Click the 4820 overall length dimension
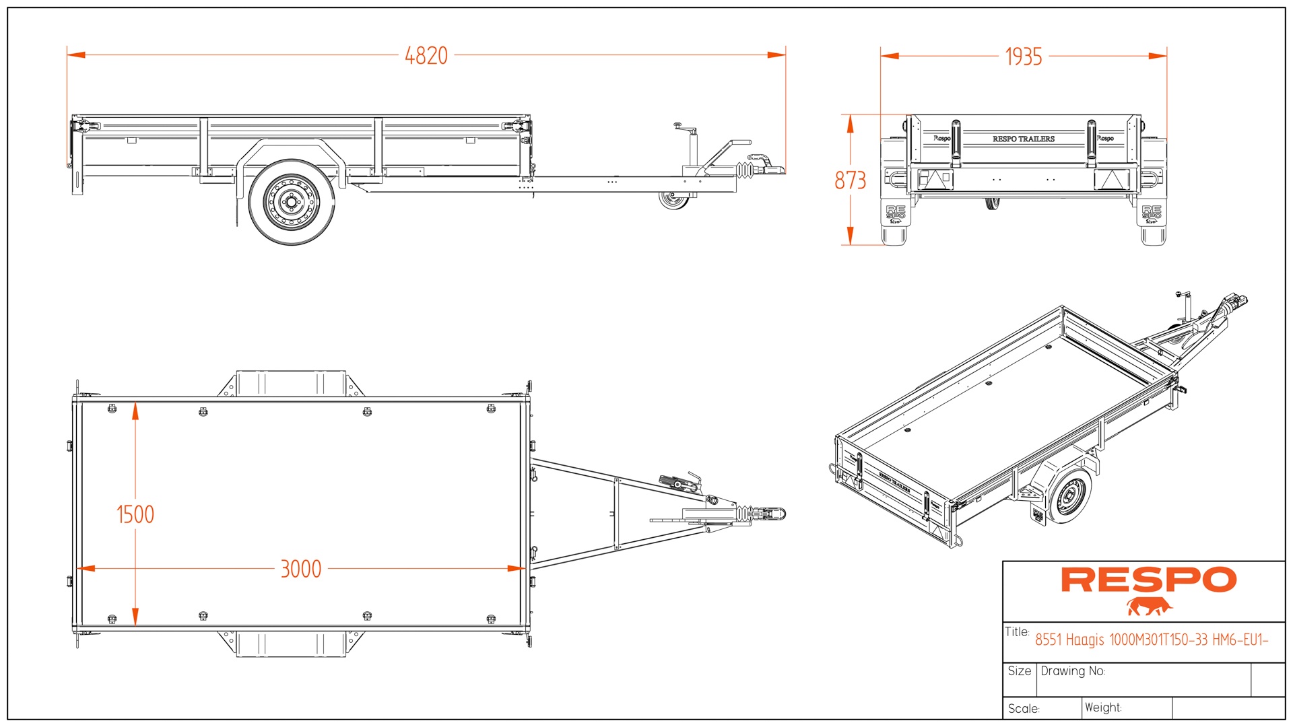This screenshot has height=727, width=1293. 426,56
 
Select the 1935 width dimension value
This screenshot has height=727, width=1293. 1023,57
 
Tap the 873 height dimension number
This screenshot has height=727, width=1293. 850,180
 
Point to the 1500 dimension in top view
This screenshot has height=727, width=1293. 135,515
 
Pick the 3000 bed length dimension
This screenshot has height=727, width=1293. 300,569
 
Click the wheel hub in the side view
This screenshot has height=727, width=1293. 292,202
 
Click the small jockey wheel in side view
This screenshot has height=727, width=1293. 673,200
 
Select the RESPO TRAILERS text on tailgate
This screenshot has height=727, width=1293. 1023,139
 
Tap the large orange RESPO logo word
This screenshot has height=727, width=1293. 1148,580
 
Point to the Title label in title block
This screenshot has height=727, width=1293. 1017,631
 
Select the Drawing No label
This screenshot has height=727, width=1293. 1072,671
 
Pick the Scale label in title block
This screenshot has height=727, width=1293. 1024,709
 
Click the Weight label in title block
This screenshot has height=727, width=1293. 1102,707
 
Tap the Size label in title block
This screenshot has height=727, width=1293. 1019,671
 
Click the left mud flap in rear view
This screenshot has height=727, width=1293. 895,215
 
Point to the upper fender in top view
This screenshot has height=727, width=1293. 291,382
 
